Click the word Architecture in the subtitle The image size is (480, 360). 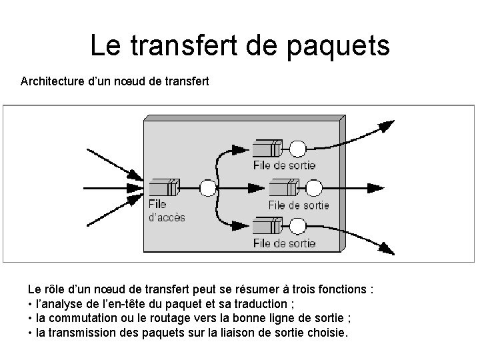click(53, 82)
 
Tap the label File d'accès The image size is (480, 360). click(166, 211)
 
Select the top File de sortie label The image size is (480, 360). click(285, 164)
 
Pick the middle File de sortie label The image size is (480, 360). click(299, 205)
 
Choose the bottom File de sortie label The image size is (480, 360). click(285, 243)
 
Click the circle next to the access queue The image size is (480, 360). click(208, 187)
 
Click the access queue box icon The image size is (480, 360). click(164, 187)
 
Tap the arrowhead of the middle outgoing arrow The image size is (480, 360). click(388, 187)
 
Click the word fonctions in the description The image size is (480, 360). click(342, 290)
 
